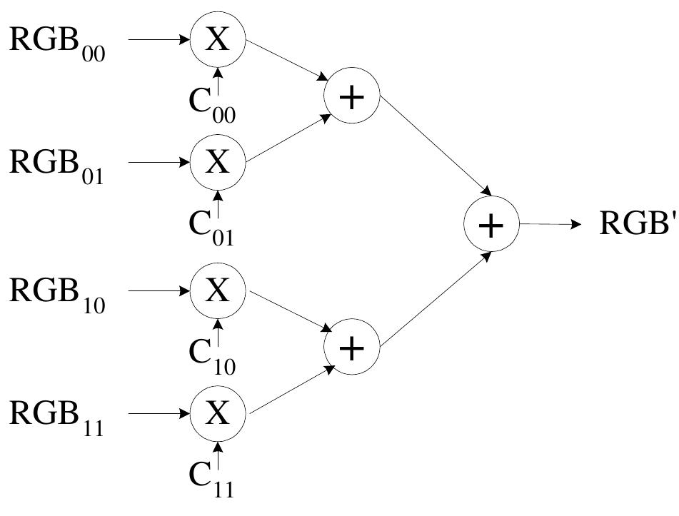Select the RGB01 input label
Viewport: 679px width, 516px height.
[57, 165]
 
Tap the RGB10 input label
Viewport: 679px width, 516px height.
[57, 293]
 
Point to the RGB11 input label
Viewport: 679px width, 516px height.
[57, 416]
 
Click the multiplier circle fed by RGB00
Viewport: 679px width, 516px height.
[218, 40]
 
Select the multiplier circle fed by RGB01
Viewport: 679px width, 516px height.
[218, 163]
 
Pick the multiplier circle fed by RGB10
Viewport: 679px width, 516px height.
[218, 290]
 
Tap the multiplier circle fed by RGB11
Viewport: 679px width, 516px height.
[218, 414]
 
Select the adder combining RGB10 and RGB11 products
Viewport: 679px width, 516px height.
[351, 350]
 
